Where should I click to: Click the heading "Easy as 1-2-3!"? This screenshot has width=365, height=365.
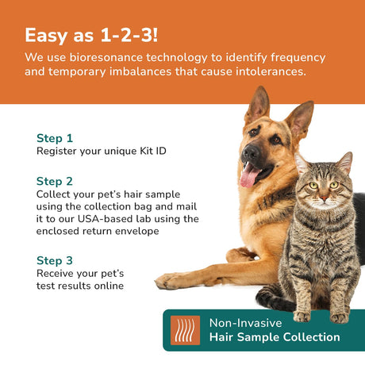click(x=91, y=36)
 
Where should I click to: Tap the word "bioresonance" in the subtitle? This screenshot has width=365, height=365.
click(x=106, y=57)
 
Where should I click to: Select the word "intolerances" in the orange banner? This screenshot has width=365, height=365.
click(x=271, y=71)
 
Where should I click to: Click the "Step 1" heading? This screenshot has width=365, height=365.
click(x=55, y=138)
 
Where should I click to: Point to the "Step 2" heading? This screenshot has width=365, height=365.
click(x=55, y=182)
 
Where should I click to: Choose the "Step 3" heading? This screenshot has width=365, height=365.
click(x=55, y=260)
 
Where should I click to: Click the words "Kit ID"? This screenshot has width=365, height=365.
click(x=153, y=151)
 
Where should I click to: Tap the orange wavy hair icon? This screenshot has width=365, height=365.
click(x=185, y=330)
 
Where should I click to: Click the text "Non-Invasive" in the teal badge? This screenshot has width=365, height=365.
click(x=245, y=323)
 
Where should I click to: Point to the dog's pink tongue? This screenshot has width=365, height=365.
click(x=249, y=175)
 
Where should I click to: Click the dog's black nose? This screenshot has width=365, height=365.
click(x=250, y=152)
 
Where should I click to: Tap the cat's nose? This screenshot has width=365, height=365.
click(x=324, y=198)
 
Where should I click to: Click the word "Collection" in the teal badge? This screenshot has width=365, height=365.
click(x=312, y=337)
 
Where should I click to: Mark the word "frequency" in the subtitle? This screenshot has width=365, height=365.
click(x=298, y=58)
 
